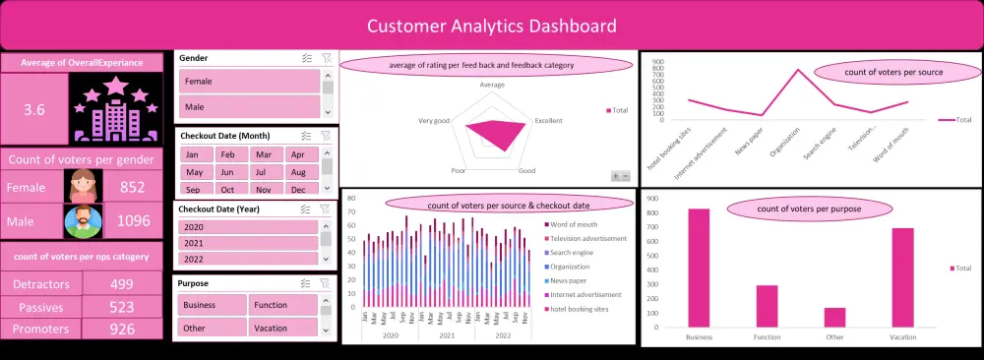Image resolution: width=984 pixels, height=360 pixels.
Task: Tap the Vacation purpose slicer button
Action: click(x=282, y=328)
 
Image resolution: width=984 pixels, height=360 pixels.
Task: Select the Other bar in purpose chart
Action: click(x=834, y=317)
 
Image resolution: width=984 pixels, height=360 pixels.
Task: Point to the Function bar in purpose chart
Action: click(x=767, y=306)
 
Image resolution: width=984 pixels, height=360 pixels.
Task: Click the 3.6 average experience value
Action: click(x=34, y=109)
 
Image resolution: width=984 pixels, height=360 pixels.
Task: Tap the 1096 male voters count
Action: click(x=133, y=221)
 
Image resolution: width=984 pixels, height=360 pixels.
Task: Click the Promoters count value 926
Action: click(x=122, y=329)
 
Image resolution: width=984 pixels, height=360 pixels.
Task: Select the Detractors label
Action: click(x=41, y=284)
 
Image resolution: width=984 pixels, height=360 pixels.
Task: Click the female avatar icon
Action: click(x=83, y=187)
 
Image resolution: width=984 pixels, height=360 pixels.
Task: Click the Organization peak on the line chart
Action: click(x=798, y=70)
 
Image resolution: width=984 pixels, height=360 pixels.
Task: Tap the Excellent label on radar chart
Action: click(x=548, y=121)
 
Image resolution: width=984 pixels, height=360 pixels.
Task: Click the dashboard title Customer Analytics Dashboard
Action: click(x=492, y=26)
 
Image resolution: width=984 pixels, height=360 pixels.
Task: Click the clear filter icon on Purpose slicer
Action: click(x=328, y=283)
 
